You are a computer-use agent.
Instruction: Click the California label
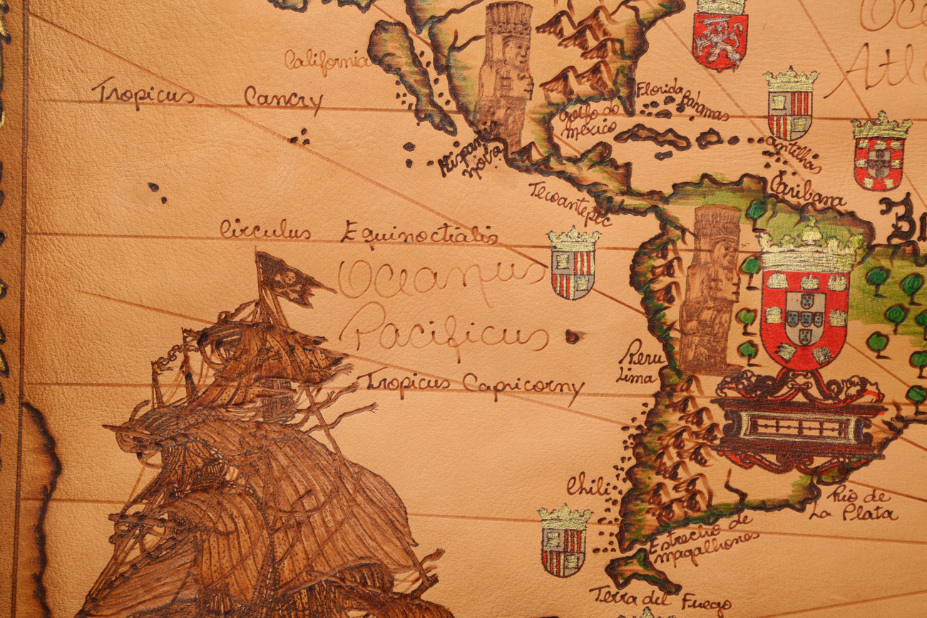(327, 61)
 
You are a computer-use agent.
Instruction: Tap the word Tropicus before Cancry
(143, 93)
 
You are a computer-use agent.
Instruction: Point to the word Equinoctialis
(419, 234)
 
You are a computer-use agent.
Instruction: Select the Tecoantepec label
(569, 202)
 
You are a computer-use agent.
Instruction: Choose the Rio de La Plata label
(853, 505)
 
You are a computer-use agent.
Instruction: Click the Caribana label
(807, 190)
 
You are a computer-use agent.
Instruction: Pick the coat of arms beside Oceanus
(573, 264)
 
